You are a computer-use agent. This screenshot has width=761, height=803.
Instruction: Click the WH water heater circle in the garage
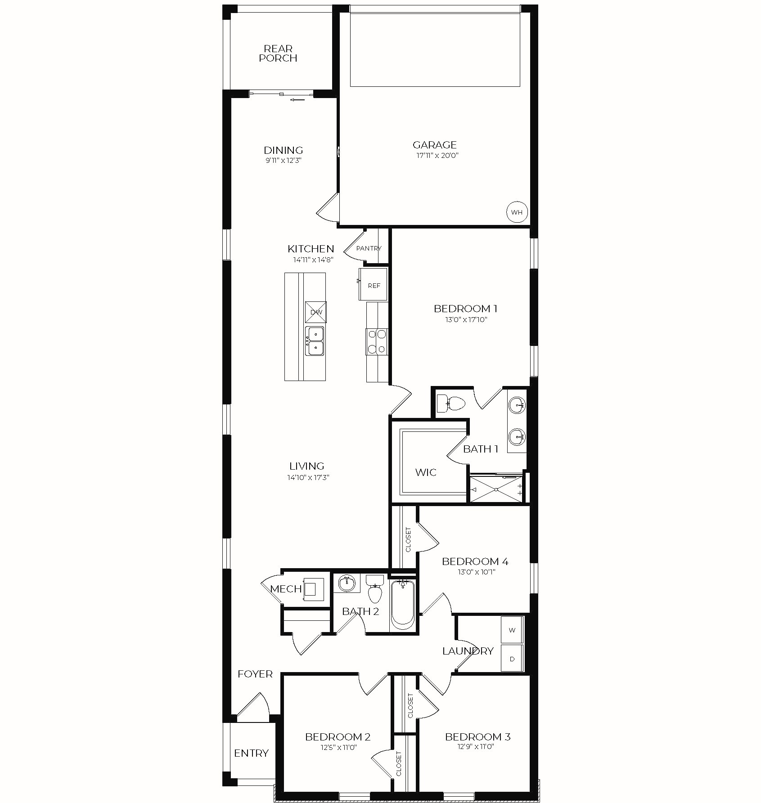click(517, 212)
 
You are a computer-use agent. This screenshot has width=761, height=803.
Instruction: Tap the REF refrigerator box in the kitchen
click(373, 284)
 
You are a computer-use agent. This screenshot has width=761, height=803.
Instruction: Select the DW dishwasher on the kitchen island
click(316, 312)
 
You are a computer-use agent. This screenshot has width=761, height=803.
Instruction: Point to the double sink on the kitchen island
click(315, 341)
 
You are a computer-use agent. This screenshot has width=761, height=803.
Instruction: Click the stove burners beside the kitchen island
click(377, 341)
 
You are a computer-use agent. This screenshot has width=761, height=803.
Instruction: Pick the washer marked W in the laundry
click(512, 630)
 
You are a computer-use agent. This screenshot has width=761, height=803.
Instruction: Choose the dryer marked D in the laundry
click(512, 659)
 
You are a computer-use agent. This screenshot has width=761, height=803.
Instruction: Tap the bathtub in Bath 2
click(403, 605)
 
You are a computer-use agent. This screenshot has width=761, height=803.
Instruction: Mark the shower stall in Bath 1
click(496, 489)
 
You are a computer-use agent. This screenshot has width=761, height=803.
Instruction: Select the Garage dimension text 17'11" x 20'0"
click(435, 156)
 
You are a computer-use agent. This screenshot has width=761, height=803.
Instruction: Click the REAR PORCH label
click(278, 53)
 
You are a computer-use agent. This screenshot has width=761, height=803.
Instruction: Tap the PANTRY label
click(369, 248)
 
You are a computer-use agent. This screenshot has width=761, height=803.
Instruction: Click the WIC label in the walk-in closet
click(426, 472)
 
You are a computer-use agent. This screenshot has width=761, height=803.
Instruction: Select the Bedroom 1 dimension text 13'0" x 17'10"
click(465, 320)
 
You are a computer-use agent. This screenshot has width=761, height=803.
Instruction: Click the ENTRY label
click(252, 753)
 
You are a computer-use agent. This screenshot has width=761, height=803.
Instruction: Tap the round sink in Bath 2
click(347, 584)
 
